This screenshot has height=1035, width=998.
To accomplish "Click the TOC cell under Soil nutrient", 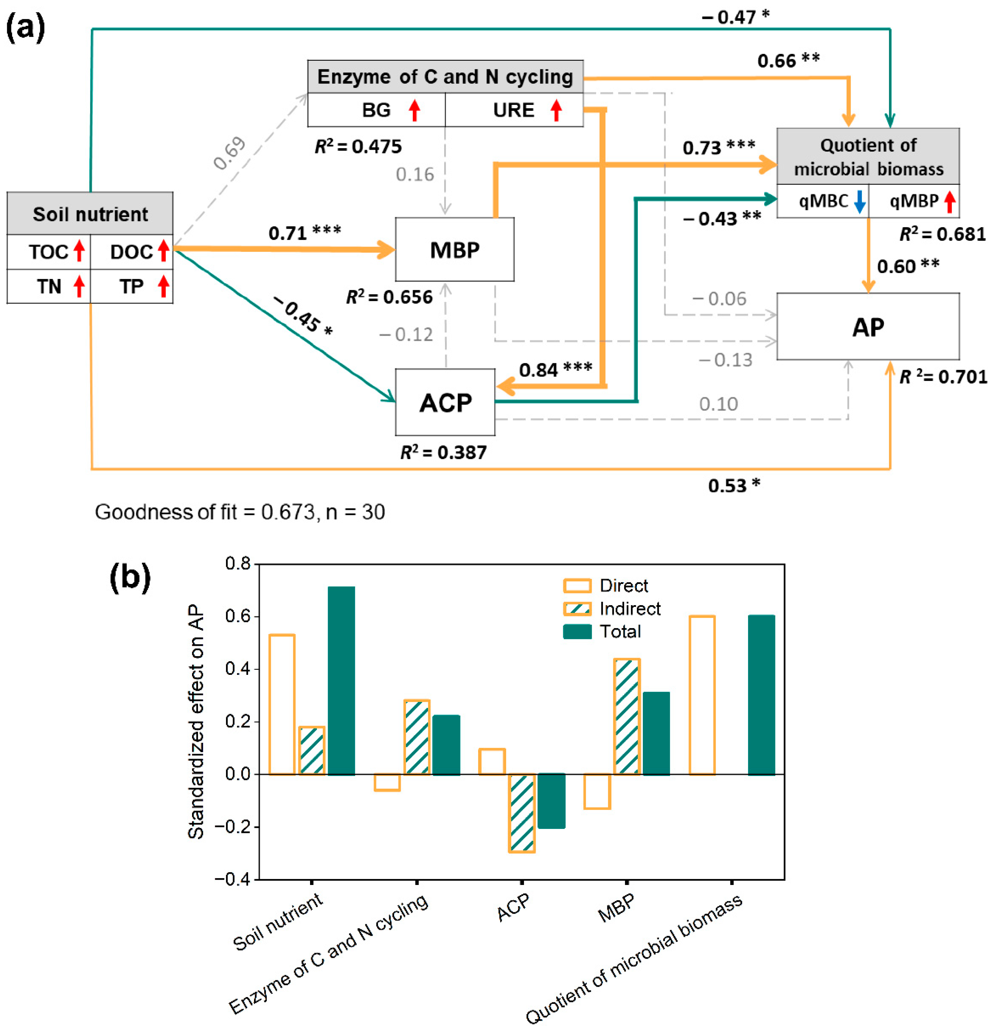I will point(49,252).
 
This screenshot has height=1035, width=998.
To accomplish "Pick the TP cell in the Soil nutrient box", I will point(131,286).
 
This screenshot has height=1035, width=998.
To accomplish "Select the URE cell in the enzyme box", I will point(513,110).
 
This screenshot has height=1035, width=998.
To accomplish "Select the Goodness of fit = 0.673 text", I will point(240,512).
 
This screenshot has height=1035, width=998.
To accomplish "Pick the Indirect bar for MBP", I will point(627,717).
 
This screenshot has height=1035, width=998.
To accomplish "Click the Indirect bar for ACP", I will point(522,813).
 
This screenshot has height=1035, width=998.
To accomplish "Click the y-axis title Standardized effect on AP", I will point(196,722).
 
